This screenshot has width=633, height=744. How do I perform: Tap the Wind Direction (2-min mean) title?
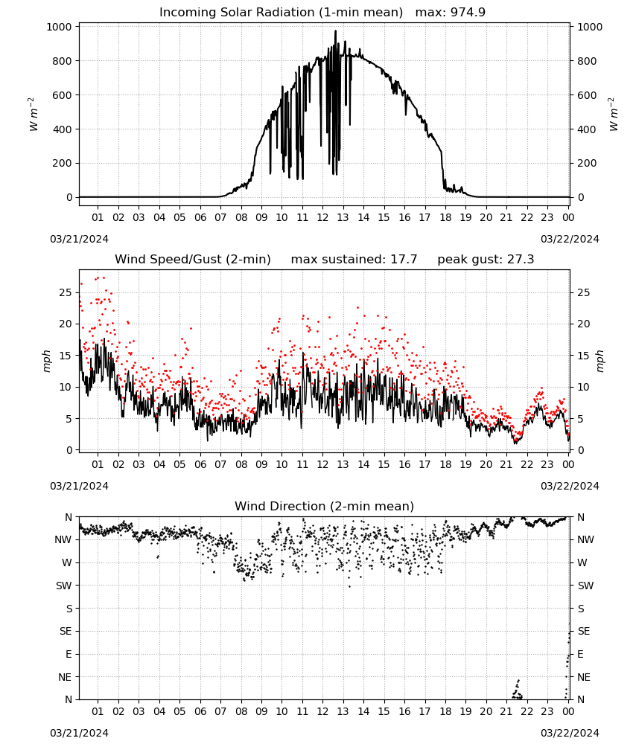click(x=325, y=506)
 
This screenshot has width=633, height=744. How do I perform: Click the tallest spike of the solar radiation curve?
click(x=335, y=31)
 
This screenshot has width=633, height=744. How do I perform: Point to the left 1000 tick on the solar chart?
click(x=59, y=27)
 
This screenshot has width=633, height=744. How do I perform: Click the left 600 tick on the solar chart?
click(x=63, y=95)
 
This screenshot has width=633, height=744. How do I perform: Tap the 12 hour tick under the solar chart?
click(x=322, y=217)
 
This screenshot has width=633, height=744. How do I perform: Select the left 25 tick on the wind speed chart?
click(x=66, y=292)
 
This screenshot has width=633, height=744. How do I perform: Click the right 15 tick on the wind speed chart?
click(x=584, y=356)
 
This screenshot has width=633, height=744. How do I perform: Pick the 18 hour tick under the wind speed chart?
click(x=445, y=464)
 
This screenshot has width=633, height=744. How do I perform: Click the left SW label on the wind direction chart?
click(x=64, y=586)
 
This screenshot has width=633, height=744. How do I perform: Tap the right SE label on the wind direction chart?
click(x=584, y=631)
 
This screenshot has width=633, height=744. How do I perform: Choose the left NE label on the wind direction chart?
click(x=65, y=677)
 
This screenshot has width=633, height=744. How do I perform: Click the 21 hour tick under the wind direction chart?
click(x=506, y=711)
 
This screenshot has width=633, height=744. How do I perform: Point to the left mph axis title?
click(x=46, y=361)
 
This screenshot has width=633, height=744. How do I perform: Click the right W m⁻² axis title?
click(x=613, y=115)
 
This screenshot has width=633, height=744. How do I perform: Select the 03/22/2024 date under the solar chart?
click(x=570, y=239)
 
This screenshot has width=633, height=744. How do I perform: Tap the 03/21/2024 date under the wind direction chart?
click(x=79, y=733)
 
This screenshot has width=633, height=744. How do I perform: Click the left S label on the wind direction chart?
click(x=69, y=609)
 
